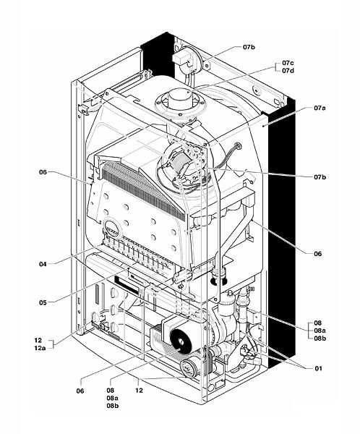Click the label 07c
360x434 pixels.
pos(288,63)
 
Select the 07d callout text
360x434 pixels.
pos(288,71)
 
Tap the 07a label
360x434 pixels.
pos(320,108)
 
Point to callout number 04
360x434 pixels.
pos(43,264)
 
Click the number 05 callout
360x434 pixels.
pos(43,302)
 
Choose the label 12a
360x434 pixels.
pos(40,348)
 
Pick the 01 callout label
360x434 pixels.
pos(319,368)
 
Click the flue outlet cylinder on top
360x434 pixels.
pos(179,98)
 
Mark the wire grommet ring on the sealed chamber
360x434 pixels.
pos(237,145)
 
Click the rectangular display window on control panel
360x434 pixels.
pos(128,284)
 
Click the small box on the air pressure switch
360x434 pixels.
pos(181,58)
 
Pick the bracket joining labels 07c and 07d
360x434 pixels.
pos(277,67)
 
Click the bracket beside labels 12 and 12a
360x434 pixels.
pos(52,344)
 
